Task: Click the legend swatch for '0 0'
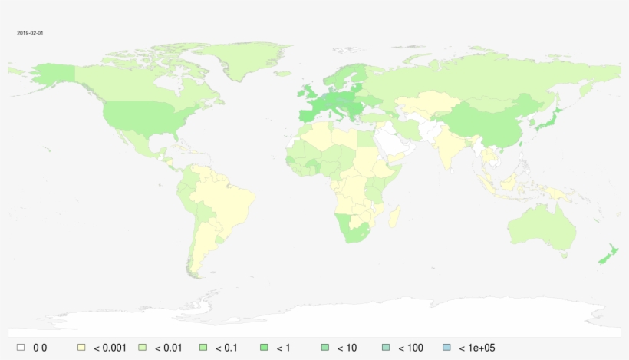click(x=21, y=348)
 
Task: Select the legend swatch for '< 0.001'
click(x=81, y=348)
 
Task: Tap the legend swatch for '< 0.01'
click(x=143, y=348)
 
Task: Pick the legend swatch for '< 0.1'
click(x=203, y=348)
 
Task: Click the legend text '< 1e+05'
click(x=476, y=348)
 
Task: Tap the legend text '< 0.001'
click(x=110, y=348)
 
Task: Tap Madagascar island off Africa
click(x=394, y=217)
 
